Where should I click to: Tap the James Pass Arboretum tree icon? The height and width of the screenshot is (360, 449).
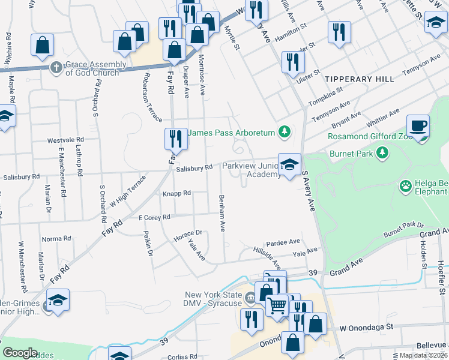[x=286, y=132]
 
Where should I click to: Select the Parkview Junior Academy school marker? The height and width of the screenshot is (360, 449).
[x=289, y=165]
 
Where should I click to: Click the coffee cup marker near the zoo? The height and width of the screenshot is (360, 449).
[x=418, y=127]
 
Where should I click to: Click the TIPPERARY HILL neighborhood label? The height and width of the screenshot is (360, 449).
[x=359, y=79]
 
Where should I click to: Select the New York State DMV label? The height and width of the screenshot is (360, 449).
[x=214, y=299]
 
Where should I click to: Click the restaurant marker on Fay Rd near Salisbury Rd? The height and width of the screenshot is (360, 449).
[x=176, y=139]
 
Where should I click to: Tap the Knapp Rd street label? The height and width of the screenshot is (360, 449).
[x=176, y=193]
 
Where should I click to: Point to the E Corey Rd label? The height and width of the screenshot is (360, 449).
[x=154, y=217]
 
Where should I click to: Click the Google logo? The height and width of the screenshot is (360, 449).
[x=20, y=353]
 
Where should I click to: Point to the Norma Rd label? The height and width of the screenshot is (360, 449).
[x=56, y=239]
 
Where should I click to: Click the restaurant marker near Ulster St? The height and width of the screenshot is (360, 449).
[x=293, y=63]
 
